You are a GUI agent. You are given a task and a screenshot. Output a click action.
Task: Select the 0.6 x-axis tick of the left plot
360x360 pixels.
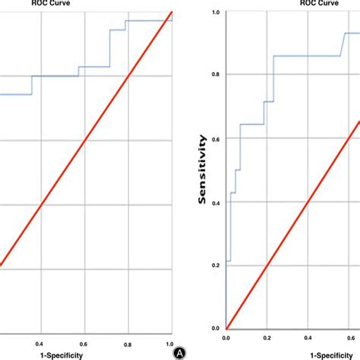click(84, 343)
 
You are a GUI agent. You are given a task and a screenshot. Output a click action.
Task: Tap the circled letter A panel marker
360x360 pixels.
click(181, 352)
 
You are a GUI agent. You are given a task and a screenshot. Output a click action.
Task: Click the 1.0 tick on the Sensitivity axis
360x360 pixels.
click(217, 12)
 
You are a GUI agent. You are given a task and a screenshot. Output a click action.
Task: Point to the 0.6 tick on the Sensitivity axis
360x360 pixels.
click(217, 138)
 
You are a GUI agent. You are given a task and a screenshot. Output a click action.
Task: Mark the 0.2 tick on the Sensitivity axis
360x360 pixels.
click(217, 265)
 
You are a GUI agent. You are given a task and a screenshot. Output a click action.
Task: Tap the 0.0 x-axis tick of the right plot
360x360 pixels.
click(226, 337)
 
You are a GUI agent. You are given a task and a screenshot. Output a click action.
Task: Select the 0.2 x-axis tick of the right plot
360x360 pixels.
click(267, 337)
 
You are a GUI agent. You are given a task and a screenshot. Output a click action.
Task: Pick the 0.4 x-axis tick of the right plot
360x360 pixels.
click(307, 337)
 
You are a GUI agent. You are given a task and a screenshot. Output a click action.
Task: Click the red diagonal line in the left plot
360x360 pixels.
click(85, 139)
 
